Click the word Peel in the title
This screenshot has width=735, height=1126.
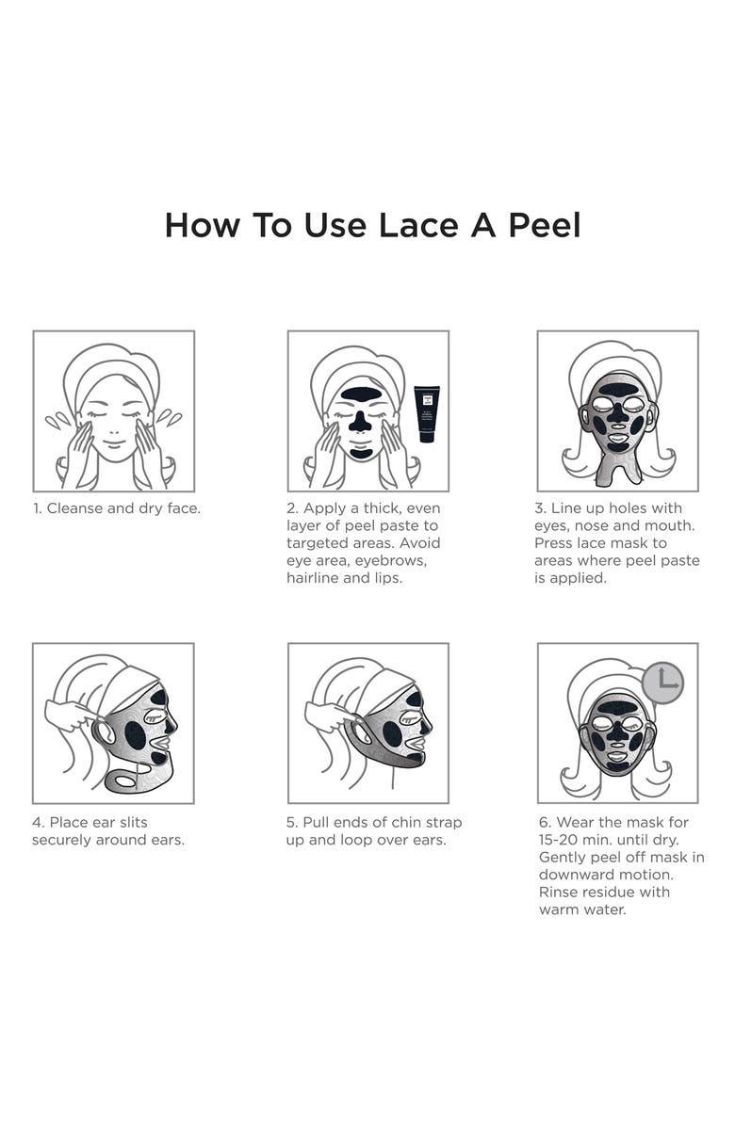544,225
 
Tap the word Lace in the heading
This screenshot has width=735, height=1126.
418,225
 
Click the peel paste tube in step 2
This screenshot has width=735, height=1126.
427,414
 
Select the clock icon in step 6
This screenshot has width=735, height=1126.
663,683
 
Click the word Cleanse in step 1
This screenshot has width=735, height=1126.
74,508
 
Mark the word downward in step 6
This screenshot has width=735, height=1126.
573,875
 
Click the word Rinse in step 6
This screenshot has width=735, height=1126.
558,892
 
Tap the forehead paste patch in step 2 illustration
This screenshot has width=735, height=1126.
361,394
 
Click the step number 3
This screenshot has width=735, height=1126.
539,508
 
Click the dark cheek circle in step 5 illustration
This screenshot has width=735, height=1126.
392,733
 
